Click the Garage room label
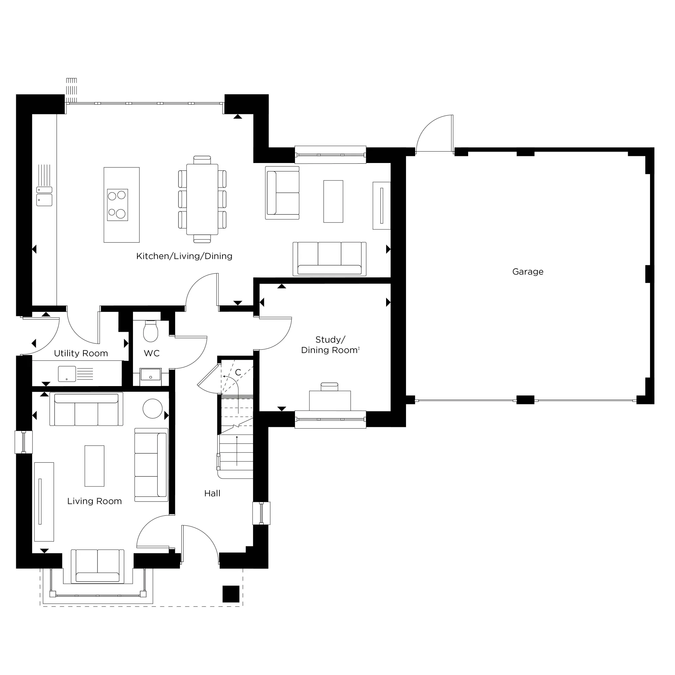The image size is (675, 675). point(528,271)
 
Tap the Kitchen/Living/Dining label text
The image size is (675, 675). point(184,256)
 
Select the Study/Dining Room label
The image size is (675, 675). point(330,345)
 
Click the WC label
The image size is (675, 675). point(152,353)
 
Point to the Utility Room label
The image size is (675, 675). point(81,353)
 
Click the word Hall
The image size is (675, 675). point(212,493)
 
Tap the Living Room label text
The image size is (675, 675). point(94,501)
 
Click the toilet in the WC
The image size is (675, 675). point(151,331)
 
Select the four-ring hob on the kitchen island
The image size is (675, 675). point(117,205)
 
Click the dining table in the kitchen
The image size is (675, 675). point(202,199)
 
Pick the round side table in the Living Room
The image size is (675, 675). point(153,408)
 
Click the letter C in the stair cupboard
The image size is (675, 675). point(238,373)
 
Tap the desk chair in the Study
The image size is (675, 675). point(329,386)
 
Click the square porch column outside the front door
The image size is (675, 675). point(231,594)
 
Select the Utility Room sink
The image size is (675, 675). point(67,374)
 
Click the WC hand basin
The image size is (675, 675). point(151,375)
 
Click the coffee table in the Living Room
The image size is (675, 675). point(94,466)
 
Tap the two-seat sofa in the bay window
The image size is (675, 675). point(98,566)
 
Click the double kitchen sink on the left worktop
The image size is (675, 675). point(44,196)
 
